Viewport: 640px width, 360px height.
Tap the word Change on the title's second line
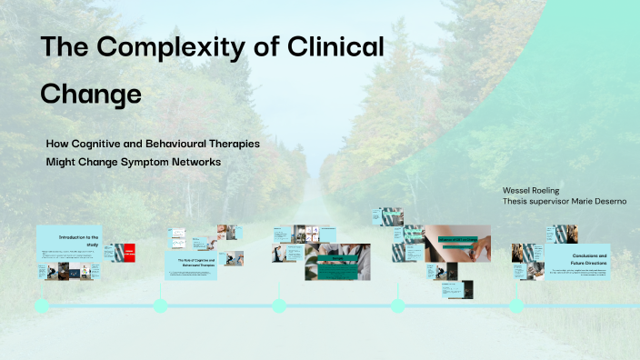coord(90,94)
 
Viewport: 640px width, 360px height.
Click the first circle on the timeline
coord(42,306)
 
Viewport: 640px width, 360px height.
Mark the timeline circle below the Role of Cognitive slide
coord(160,306)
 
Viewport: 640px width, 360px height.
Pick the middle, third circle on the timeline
coord(279,306)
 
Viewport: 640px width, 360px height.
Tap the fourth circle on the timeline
coord(397,306)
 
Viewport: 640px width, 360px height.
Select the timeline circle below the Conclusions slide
coord(516,306)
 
